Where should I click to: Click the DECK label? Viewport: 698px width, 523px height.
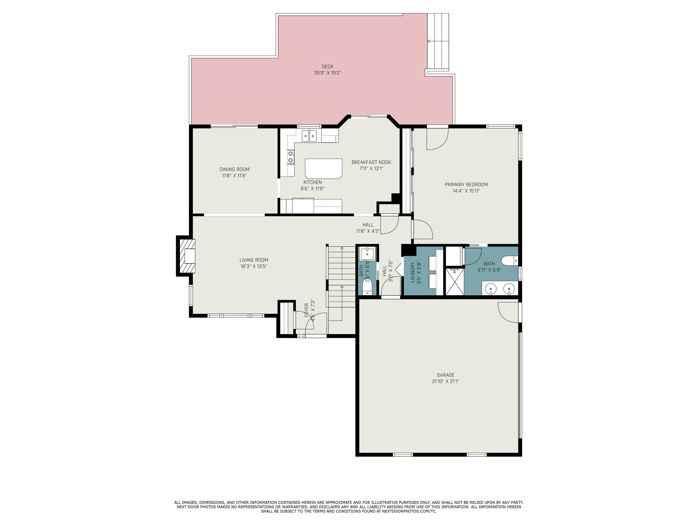pyautogui.click(x=328, y=67)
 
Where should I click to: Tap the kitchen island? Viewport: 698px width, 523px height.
pyautogui.click(x=324, y=169)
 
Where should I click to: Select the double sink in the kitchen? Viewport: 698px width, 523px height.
pyautogui.click(x=309, y=136)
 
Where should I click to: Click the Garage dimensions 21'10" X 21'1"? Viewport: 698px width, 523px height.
pyautogui.click(x=446, y=381)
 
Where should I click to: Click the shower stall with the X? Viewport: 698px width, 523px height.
pyautogui.click(x=455, y=281)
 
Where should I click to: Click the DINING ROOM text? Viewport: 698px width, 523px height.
pyautogui.click(x=234, y=170)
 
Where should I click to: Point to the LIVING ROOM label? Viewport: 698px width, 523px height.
pyautogui.click(x=254, y=260)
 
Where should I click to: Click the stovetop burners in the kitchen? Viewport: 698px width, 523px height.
pyautogui.click(x=291, y=157)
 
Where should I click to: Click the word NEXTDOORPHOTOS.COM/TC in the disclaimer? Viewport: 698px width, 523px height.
pyautogui.click(x=409, y=511)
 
